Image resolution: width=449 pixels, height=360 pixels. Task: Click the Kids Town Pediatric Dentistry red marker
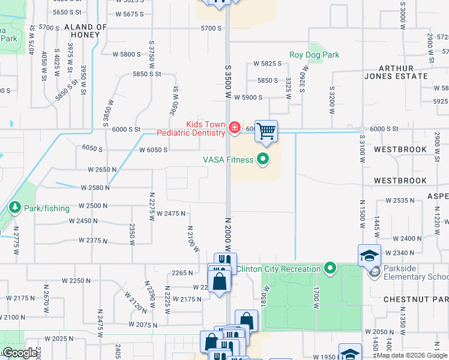(234, 128)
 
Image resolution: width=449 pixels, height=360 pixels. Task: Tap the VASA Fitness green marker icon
(262, 160)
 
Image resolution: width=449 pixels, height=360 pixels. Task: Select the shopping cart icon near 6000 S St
(266, 130)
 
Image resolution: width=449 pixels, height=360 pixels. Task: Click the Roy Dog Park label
(314, 55)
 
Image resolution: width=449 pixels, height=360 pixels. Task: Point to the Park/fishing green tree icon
(14, 208)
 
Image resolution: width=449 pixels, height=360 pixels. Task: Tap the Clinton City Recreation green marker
(330, 268)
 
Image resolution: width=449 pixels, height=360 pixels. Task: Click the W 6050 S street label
(153, 150)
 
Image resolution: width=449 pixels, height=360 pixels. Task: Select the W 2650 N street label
(102, 170)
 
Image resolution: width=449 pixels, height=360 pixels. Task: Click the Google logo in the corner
(19, 353)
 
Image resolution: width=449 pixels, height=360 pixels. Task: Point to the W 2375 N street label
(93, 241)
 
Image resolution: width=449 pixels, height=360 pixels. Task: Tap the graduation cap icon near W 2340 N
(369, 255)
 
